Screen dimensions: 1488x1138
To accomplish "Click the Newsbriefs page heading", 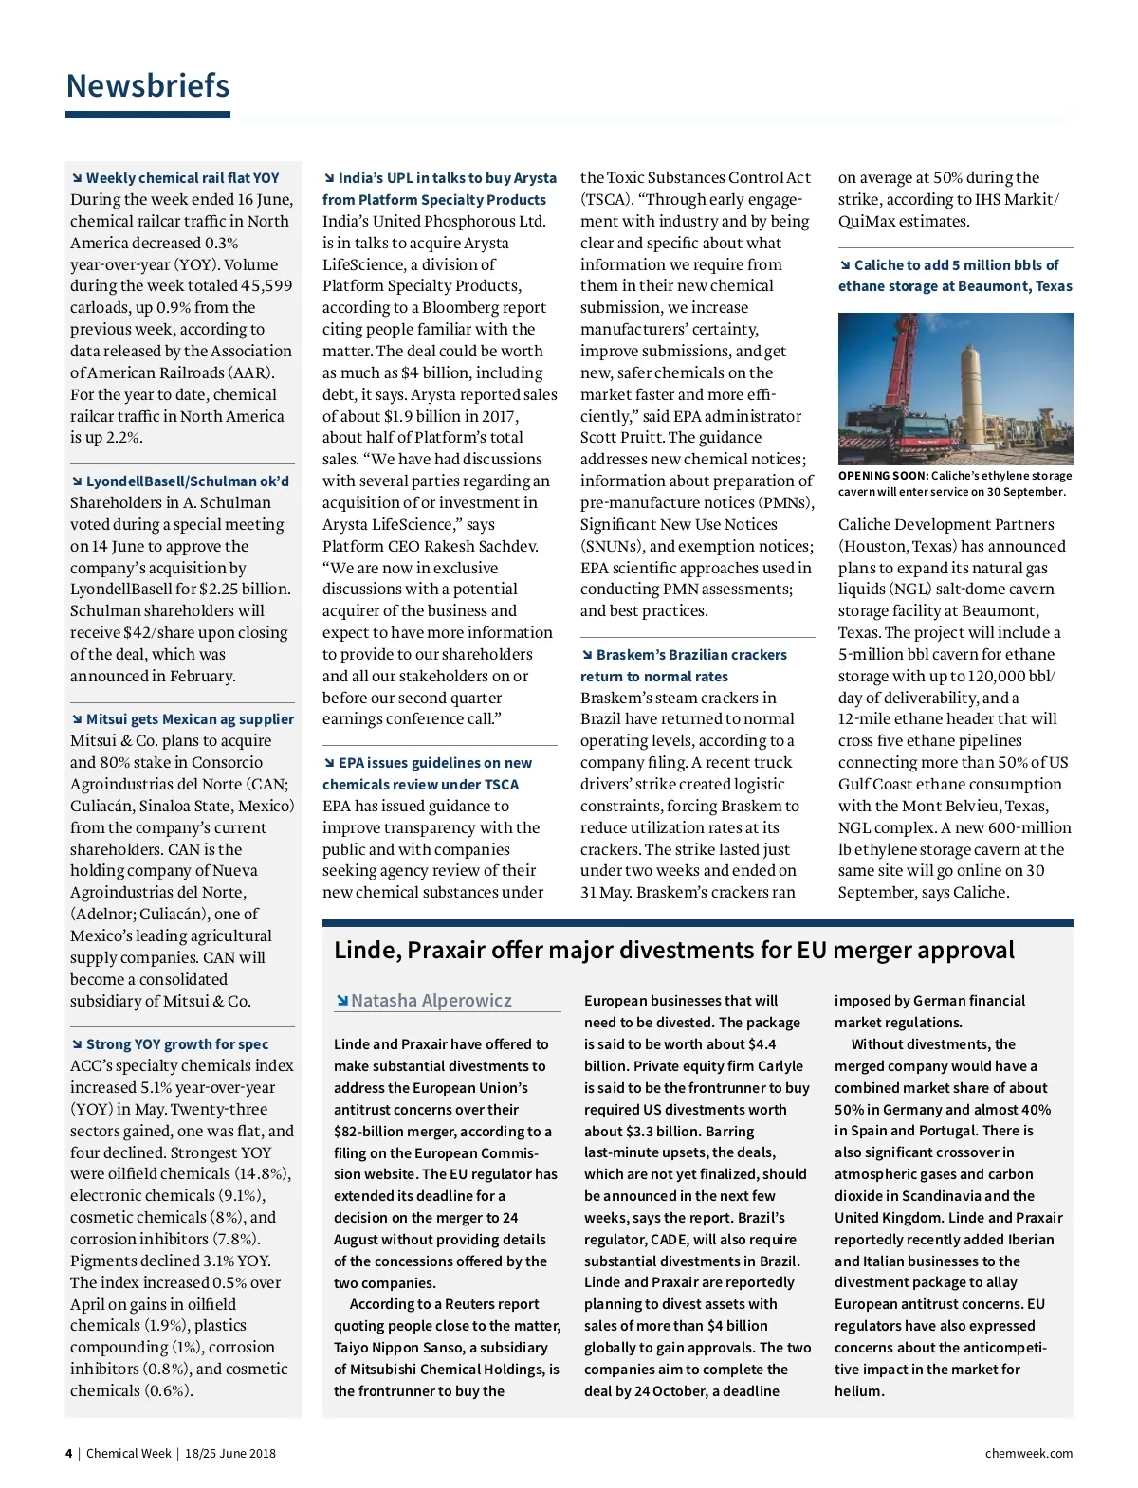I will (x=148, y=86).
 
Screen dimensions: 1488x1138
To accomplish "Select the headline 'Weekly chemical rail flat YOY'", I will (x=182, y=178).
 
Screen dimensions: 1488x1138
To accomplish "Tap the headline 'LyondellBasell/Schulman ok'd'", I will (x=187, y=481).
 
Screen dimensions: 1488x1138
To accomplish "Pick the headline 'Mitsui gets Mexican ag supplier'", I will (x=190, y=719).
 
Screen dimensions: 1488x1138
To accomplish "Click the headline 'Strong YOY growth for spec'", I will (x=177, y=1044).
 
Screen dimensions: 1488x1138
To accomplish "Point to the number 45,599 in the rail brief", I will (x=266, y=286).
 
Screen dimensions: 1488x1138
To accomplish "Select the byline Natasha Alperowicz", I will (x=431, y=1001).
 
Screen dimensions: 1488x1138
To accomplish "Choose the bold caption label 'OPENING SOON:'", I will (x=883, y=476).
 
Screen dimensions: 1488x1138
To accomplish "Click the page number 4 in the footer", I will (x=68, y=1454).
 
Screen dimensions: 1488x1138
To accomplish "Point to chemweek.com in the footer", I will (x=1029, y=1454).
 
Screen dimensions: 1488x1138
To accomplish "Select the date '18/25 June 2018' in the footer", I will (x=230, y=1454).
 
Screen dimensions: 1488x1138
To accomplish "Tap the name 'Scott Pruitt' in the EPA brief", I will (x=622, y=438).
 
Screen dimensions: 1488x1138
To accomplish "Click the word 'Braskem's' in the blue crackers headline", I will (x=632, y=655).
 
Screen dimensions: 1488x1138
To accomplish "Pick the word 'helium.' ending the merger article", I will (x=859, y=1391).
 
